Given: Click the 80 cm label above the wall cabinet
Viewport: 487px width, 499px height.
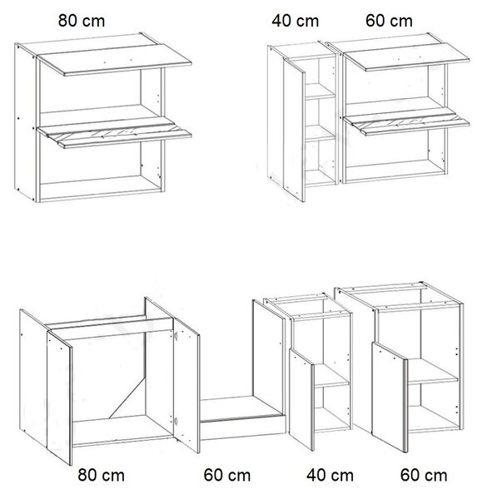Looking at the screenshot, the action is point(82,21).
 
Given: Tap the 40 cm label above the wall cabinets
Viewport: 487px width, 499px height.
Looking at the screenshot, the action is point(296,21).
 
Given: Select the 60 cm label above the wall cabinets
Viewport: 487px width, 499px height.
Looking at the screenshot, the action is point(389,21).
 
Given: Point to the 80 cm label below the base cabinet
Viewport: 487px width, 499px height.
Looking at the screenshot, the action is point(102,476).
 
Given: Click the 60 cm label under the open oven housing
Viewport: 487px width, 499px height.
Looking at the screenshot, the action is point(227,476).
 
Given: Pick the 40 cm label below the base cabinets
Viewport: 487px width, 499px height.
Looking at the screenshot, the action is point(330,476).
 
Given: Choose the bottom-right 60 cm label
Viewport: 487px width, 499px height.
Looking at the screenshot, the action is point(424,476).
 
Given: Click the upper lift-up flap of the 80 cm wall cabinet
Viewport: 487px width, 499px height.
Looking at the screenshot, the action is point(115,60).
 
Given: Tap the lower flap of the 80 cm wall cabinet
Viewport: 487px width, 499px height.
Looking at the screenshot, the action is point(115,132).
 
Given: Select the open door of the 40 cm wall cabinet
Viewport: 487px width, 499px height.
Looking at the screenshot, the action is point(294,131).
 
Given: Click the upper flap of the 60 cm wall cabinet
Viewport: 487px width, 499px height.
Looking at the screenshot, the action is point(407,57).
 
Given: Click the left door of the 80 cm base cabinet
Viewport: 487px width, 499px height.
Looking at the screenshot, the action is point(59,398).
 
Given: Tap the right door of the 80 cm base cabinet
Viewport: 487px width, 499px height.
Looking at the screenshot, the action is point(186,385).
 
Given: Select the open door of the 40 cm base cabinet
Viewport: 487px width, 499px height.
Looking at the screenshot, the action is point(301,399).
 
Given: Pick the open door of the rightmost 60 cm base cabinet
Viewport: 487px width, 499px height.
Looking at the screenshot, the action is point(390,398).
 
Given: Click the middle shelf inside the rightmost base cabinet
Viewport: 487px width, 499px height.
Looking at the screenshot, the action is point(433,371).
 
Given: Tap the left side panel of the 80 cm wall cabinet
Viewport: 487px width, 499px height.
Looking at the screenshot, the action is point(26,122).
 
